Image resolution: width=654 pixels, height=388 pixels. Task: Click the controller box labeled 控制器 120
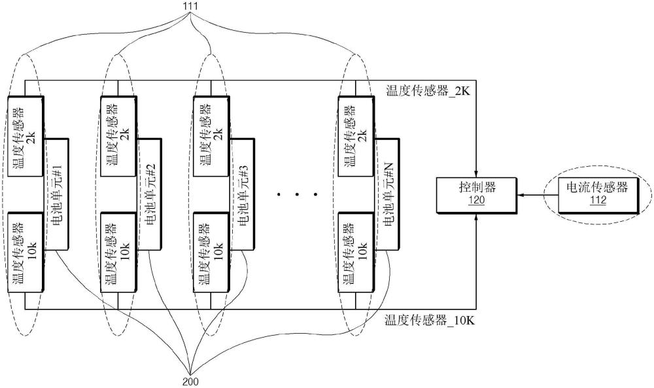point(476,194)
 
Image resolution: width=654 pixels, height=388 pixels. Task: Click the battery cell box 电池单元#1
point(56,194)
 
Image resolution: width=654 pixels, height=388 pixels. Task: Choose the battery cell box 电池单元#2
point(149,194)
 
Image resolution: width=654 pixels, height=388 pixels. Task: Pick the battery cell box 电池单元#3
point(242,194)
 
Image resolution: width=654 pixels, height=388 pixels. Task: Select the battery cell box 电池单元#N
point(387,194)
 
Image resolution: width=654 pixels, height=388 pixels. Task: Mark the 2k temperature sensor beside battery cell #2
point(119,135)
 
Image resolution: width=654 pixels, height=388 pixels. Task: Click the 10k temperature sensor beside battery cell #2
point(119,251)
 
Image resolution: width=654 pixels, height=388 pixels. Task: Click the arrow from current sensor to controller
point(534,194)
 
